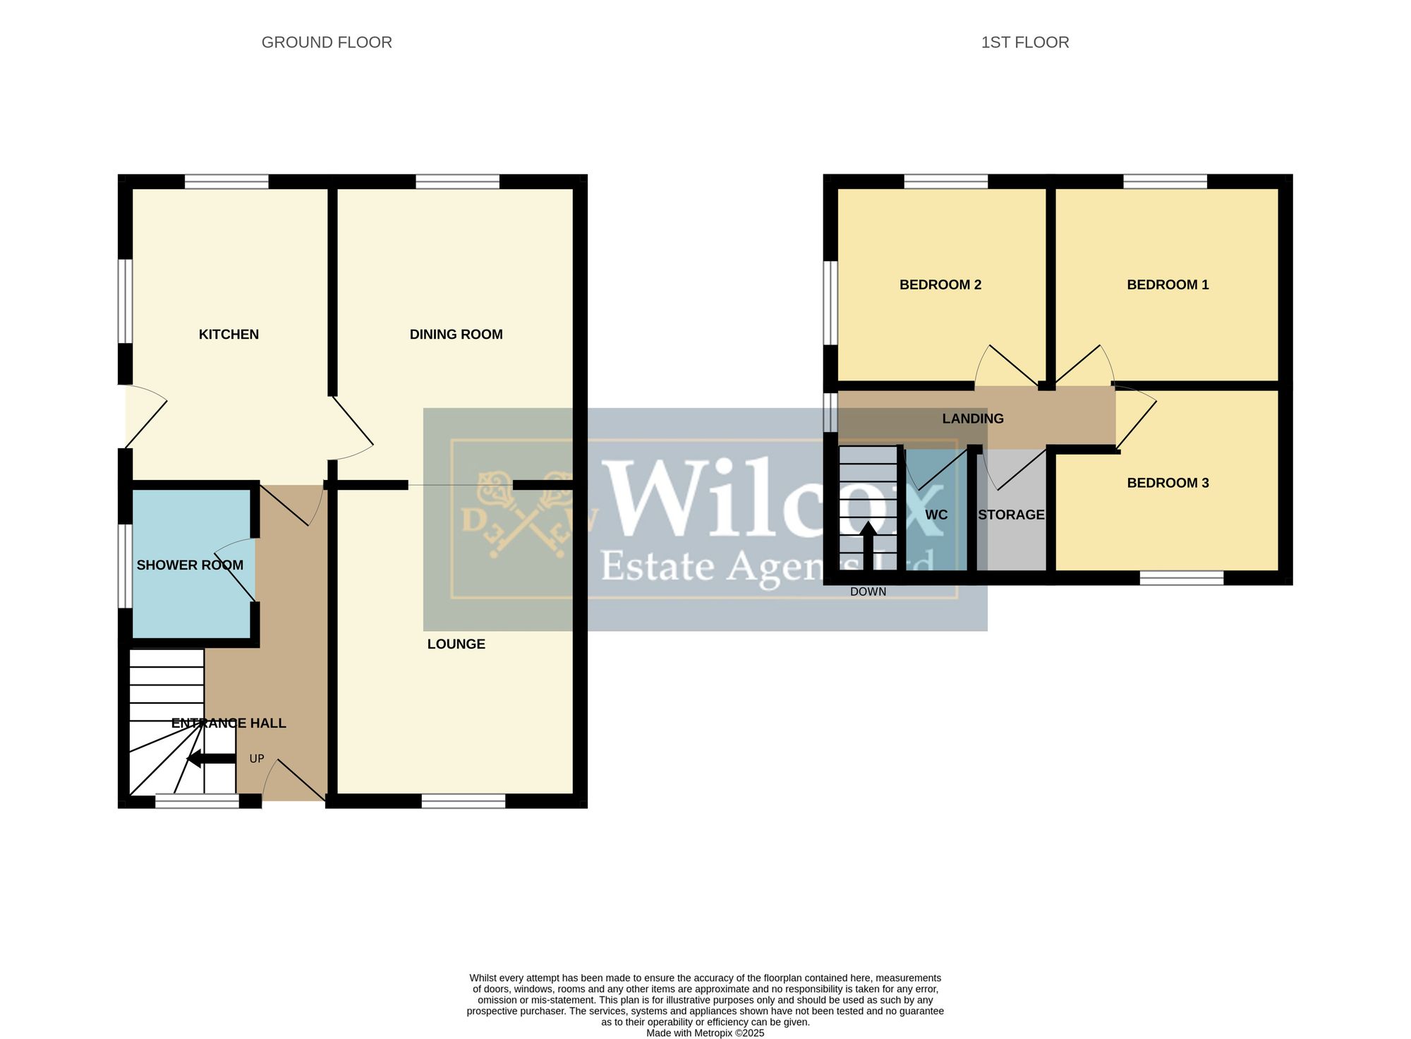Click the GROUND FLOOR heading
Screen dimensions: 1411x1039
pyautogui.click(x=327, y=42)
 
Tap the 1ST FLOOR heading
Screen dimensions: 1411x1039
pyautogui.click(x=1025, y=42)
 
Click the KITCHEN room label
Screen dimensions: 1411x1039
pyautogui.click(x=229, y=335)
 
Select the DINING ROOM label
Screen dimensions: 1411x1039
pyautogui.click(x=456, y=335)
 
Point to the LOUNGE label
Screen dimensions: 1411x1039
pyautogui.click(x=456, y=644)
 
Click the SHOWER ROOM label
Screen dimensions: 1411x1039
pyautogui.click(x=190, y=565)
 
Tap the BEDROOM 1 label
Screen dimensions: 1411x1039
pyautogui.click(x=1168, y=285)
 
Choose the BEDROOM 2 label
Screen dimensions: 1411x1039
pyautogui.click(x=940, y=285)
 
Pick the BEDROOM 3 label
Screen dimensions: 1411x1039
pyautogui.click(x=1168, y=483)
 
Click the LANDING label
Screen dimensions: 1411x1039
pyautogui.click(x=973, y=419)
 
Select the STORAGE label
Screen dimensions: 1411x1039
pyautogui.click(x=1011, y=515)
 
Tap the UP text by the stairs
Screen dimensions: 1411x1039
pyautogui.click(x=257, y=759)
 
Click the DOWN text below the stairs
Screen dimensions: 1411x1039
pyautogui.click(x=868, y=591)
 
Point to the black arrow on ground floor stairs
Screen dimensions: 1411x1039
pyautogui.click(x=211, y=759)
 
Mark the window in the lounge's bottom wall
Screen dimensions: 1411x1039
pyautogui.click(x=464, y=801)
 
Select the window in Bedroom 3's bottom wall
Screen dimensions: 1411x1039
pyautogui.click(x=1182, y=578)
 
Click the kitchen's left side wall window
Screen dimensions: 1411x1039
pyautogui.click(x=125, y=301)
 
